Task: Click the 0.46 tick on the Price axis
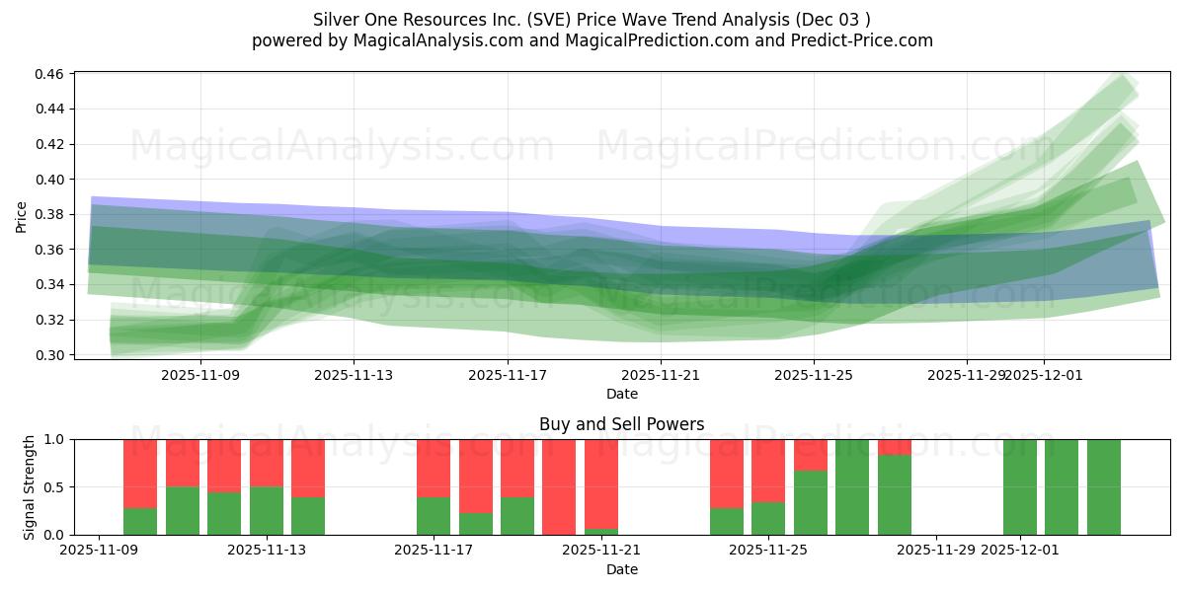[50, 74]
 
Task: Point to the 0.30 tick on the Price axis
[50, 355]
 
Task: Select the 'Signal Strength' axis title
[30, 486]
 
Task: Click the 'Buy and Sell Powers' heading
[621, 424]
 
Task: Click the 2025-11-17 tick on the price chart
[508, 375]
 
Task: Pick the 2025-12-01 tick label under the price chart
[1045, 375]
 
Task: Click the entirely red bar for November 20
[559, 486]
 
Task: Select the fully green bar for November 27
[852, 486]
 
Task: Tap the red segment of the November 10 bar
[140, 474]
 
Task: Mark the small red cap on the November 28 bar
[895, 447]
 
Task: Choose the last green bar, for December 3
[1103, 486]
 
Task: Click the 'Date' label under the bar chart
[621, 569]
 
